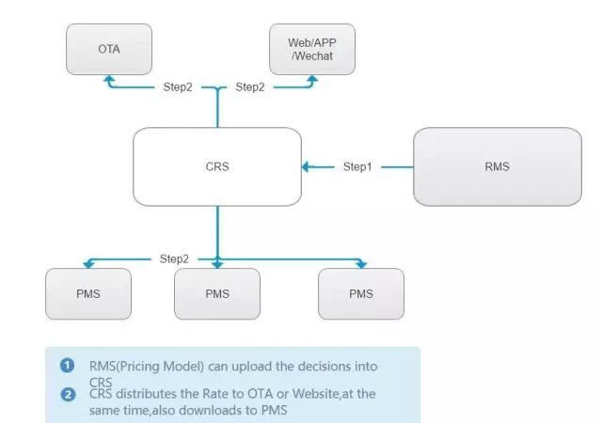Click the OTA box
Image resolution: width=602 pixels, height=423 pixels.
point(109,49)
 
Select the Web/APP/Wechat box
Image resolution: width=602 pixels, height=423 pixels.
point(312,49)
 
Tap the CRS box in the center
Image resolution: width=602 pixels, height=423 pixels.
point(217,166)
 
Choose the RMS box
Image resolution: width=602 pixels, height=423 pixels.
point(498,166)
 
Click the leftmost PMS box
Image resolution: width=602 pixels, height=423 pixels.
point(88,293)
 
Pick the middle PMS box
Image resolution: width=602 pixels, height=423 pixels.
point(217,293)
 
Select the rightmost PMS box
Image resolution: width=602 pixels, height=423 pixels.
point(361,293)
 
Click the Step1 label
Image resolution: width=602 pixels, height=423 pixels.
point(357,167)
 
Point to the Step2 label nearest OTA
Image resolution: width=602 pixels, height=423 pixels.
point(178,87)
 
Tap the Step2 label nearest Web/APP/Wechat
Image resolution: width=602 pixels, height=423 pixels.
point(250,87)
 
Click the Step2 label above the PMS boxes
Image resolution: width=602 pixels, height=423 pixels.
point(174,259)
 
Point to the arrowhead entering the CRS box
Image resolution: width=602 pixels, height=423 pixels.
point(306,167)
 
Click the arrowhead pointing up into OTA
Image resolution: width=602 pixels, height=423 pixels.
point(109,78)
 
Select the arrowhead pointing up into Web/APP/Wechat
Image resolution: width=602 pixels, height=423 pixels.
point(312,78)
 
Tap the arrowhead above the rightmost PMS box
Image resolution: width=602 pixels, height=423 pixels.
point(361,265)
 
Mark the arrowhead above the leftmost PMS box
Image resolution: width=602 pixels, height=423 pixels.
point(88,265)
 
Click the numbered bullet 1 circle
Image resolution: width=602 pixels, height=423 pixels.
point(67,365)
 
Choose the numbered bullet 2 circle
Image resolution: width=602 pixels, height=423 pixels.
point(68,395)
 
